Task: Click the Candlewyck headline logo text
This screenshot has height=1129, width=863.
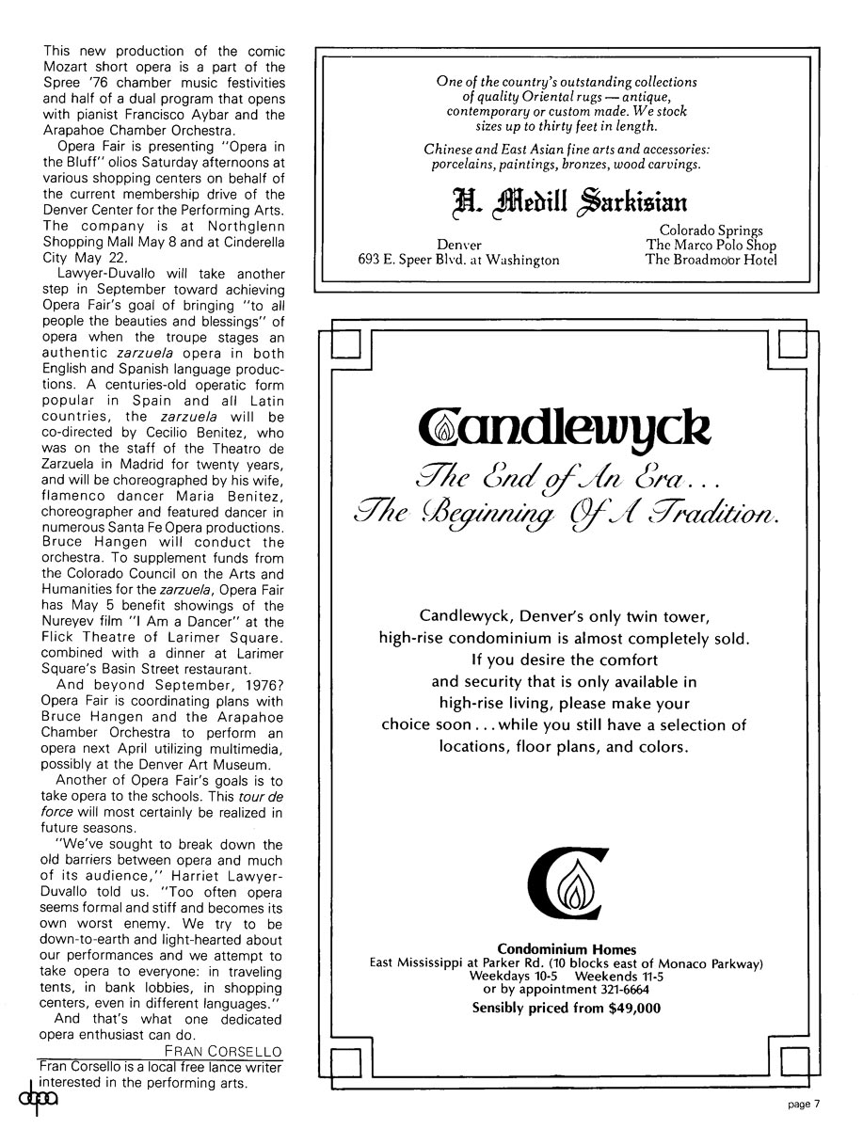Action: [565, 429]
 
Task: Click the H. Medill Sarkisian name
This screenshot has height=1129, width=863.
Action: [565, 201]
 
